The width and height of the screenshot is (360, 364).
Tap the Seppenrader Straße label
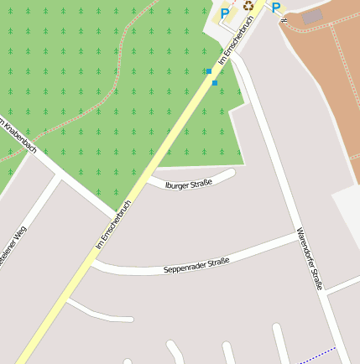196,266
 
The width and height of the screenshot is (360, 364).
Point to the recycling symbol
248,5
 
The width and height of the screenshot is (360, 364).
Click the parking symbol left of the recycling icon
225,13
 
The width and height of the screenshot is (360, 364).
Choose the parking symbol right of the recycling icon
275,8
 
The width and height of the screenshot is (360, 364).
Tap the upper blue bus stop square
209,71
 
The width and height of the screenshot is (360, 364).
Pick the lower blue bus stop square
215,83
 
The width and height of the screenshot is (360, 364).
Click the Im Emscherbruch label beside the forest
114,225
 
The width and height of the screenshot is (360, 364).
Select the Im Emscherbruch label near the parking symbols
235,41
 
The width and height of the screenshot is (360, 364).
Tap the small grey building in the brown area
312,16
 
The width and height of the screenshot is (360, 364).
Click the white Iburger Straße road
214,179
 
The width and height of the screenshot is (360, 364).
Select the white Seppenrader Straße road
252,252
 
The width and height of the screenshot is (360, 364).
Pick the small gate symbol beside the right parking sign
284,19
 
